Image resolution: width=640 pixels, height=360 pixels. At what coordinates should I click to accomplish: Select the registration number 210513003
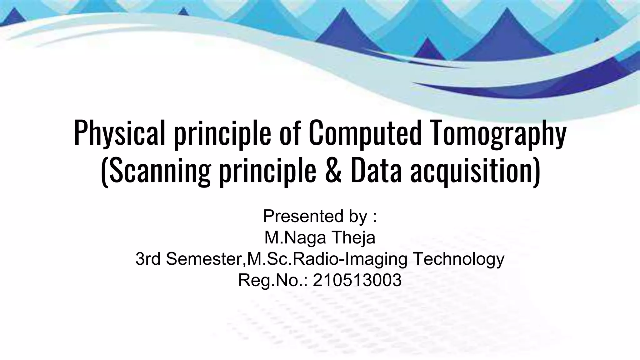click(x=357, y=280)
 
